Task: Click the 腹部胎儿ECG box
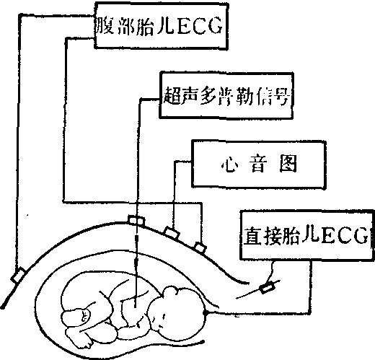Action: pos(161,25)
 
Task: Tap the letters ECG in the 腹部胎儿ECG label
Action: pos(199,26)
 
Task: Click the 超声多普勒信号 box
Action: pos(226,95)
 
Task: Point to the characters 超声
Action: pos(181,95)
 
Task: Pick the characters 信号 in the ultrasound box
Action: pos(273,96)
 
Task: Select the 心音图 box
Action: pos(259,164)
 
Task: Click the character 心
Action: pos(229,164)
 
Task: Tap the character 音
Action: pos(258,164)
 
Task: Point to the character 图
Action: pos(288,164)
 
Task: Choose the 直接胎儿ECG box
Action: pos(307,235)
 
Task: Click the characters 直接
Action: pos(262,236)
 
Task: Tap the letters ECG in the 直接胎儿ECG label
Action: pos(345,235)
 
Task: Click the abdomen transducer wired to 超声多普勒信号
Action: pos(136,221)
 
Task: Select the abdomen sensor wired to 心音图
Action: pos(172,232)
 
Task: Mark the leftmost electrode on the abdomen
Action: pos(18,275)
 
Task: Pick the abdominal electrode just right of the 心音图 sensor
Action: pos(200,247)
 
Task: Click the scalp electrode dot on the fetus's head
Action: pos(206,313)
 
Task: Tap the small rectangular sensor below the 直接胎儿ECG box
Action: pos(267,287)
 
